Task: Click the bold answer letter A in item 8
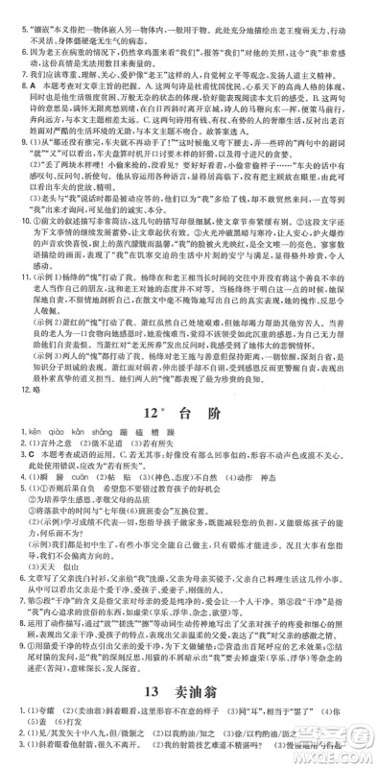[x=27, y=84]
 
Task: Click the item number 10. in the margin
[x=12, y=223]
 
